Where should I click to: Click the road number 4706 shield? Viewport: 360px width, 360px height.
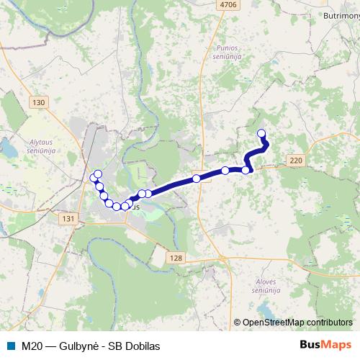click(x=228, y=4)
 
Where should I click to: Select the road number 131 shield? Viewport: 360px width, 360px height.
click(x=69, y=219)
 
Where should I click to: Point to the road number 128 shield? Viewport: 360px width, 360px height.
click(x=179, y=257)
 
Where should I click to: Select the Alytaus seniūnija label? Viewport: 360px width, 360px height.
click(x=50, y=127)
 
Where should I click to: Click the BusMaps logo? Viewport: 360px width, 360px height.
click(x=325, y=346)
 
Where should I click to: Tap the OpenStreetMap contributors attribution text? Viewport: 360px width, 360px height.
click(x=297, y=323)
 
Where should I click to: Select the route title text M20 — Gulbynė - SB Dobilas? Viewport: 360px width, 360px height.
click(x=90, y=346)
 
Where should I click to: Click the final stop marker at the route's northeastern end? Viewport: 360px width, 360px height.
click(x=261, y=132)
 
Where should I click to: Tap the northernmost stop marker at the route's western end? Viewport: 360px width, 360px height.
click(x=98, y=174)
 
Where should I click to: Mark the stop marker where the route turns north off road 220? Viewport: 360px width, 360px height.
click(x=246, y=170)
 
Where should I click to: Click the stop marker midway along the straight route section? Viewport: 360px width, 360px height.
click(x=196, y=179)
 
